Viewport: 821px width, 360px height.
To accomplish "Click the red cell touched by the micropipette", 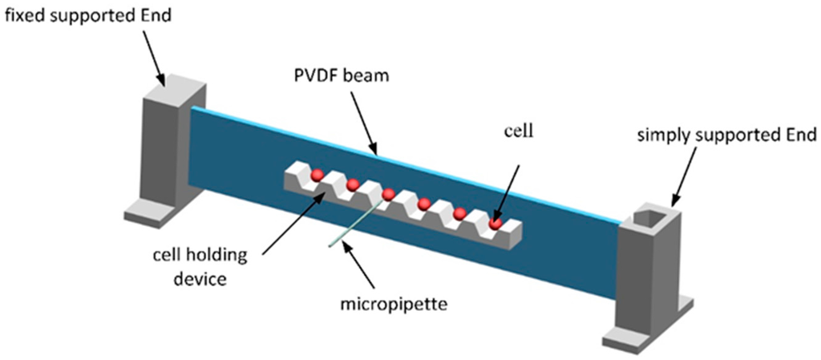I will tap(389, 194).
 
